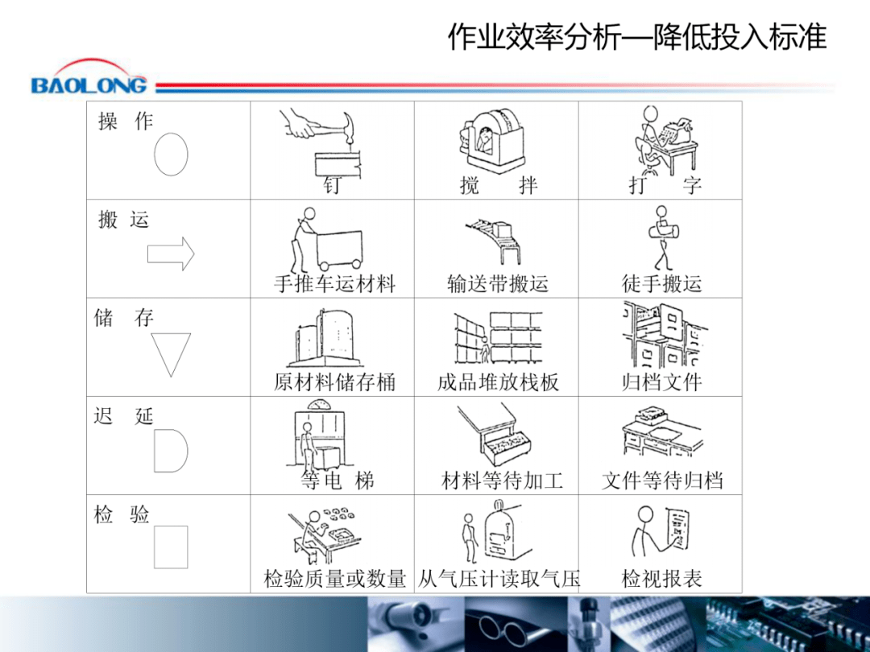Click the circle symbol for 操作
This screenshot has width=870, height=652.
171,154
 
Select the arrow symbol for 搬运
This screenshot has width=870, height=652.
171,254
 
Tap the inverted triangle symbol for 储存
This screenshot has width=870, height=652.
171,353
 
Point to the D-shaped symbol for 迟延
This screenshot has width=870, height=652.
169,450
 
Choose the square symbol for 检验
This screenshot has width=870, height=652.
171,547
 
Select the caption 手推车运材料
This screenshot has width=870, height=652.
334,283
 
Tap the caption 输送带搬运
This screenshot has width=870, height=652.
497,283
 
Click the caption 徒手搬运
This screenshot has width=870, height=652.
661,283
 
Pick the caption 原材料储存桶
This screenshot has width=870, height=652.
334,382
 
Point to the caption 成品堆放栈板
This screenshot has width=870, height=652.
497,382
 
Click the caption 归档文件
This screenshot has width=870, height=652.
661,382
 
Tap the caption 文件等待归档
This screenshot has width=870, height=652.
661,481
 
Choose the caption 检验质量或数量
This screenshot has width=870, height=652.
334,578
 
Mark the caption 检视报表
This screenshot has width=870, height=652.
661,578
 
